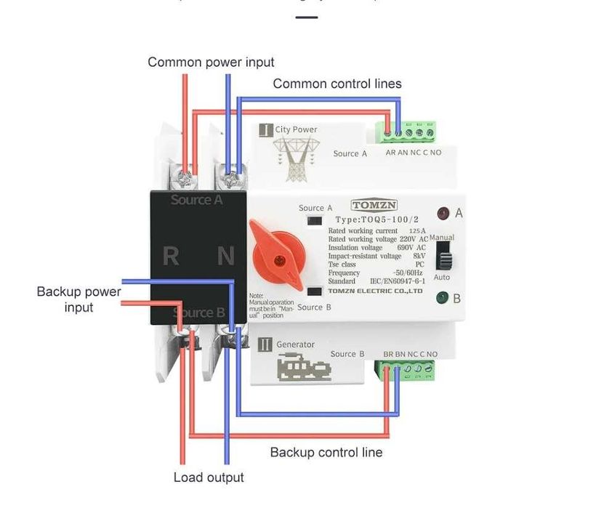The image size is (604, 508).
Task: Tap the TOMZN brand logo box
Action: [374, 206]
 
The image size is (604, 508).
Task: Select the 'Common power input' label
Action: [211, 63]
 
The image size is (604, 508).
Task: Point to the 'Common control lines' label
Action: [337, 84]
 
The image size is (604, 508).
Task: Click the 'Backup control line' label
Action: [326, 453]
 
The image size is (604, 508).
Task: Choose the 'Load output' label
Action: [209, 477]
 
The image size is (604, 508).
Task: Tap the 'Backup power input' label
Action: [78, 299]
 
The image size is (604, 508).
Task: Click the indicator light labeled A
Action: [442, 214]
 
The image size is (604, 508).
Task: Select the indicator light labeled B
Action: [442, 297]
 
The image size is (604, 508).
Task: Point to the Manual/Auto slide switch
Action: [442, 257]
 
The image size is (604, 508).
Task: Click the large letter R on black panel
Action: [171, 256]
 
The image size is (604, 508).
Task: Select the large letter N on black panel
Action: [226, 256]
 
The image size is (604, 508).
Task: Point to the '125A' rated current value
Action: [417, 231]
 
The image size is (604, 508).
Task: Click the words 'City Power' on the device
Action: [296, 130]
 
